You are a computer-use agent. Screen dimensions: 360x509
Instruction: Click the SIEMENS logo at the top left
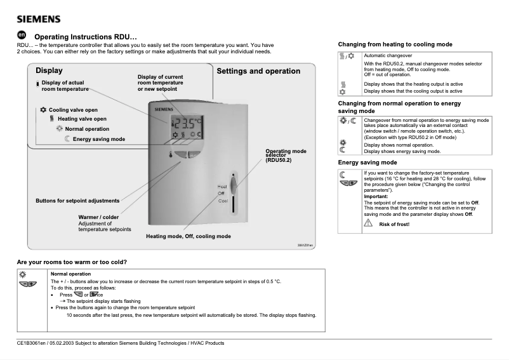tap(39, 18)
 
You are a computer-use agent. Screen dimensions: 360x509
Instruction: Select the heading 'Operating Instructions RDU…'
tap(85, 37)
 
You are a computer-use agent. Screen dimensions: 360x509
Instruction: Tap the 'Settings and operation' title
tap(258, 71)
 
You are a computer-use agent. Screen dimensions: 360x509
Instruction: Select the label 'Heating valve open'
tap(82, 119)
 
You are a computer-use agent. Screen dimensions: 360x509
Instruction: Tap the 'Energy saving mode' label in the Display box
tap(98, 139)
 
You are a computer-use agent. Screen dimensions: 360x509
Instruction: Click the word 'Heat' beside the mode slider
tap(222, 186)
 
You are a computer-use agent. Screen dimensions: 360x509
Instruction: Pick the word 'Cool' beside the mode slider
tap(223, 201)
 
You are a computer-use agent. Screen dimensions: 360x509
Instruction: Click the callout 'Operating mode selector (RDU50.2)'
tap(286, 156)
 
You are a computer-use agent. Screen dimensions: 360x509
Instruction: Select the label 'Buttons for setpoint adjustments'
tap(77, 201)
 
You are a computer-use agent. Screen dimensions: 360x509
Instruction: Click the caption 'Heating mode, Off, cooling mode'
tap(188, 236)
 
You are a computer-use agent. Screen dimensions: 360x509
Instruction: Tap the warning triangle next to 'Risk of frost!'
tap(367, 223)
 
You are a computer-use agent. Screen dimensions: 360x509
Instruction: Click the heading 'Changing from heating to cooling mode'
tap(395, 45)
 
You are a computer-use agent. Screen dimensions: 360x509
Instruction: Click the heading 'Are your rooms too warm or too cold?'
tap(72, 262)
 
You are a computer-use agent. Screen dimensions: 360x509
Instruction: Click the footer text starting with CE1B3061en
tap(121, 343)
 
